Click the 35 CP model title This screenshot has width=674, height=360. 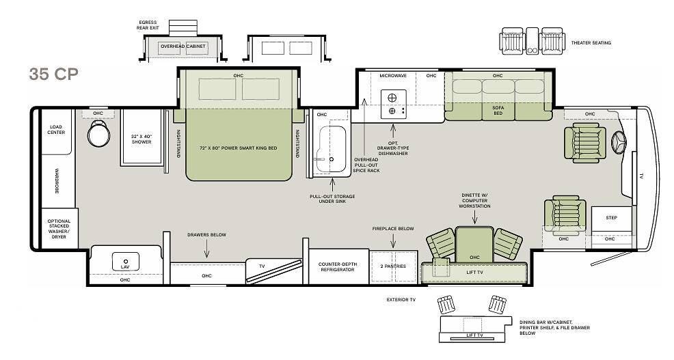coord(54,74)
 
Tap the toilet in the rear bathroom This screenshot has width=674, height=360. coord(98,134)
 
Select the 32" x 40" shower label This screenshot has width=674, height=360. coord(141,139)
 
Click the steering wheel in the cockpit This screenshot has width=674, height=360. coord(619,142)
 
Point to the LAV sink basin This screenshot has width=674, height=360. coord(125,262)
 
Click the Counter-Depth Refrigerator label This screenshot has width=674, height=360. coord(338,267)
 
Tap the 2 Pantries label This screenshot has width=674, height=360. coord(393,266)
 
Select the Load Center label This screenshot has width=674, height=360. coord(56,130)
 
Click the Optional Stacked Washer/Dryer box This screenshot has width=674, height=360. coord(59,229)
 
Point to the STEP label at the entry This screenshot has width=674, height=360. coord(611,218)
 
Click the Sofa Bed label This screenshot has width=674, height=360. coord(498,111)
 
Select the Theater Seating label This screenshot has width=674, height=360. coord(591,43)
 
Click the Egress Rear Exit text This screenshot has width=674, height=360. coord(148,25)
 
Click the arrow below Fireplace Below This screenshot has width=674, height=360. coord(393,240)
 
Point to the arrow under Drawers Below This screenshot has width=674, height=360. coord(206,249)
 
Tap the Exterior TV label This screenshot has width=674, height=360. coord(401,300)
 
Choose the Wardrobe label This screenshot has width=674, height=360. coord(56,180)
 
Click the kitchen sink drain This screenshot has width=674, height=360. coord(332,159)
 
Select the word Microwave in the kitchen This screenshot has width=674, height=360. coord(393,76)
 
